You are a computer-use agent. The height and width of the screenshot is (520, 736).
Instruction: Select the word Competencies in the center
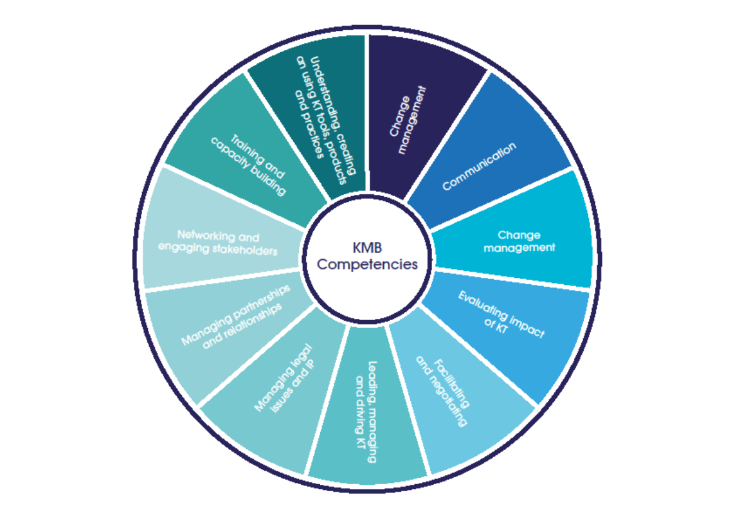point(367,264)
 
